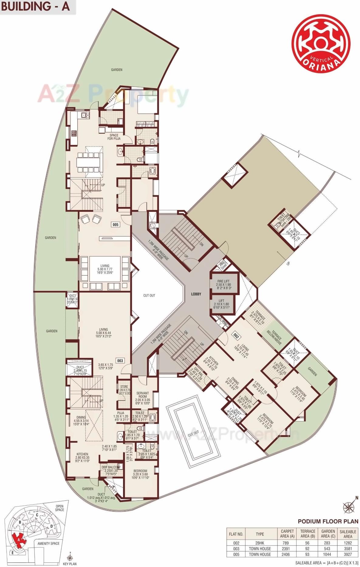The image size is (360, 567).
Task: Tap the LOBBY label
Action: pyautogui.click(x=196, y=294)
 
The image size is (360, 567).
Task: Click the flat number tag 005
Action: pyautogui.click(x=115, y=225)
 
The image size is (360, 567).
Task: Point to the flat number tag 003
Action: pyautogui.click(x=120, y=361)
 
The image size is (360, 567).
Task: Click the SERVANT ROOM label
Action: pyautogui.click(x=142, y=395)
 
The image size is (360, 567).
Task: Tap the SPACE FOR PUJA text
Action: pyautogui.click(x=114, y=137)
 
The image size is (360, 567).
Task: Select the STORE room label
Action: pyautogui.click(x=124, y=387)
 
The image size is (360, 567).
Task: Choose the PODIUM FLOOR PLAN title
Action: pyautogui.click(x=328, y=521)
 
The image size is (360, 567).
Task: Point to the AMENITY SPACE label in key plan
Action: pyautogui.click(x=49, y=543)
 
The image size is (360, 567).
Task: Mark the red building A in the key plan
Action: pyautogui.click(x=19, y=538)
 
